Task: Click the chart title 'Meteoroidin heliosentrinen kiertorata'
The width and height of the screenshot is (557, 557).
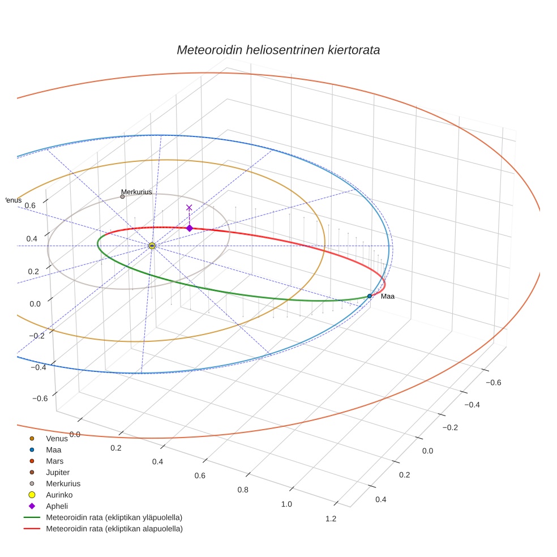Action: pos(278,50)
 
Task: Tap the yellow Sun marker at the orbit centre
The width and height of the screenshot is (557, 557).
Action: pos(152,246)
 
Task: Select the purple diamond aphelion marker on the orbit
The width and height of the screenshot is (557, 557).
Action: pos(190,228)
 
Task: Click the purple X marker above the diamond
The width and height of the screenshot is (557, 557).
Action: pos(189,208)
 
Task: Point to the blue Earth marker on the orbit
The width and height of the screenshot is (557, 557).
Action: pos(370,296)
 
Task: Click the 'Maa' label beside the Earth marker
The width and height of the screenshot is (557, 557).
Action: pos(387,297)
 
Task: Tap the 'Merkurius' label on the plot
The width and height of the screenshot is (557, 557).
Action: pos(136,192)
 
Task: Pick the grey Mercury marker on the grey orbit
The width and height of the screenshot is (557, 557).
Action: pos(122,196)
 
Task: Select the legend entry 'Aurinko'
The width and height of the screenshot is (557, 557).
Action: pos(59,495)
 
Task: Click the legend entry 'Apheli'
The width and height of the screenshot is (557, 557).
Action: pos(57,506)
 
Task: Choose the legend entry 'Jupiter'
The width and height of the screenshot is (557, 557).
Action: pos(58,472)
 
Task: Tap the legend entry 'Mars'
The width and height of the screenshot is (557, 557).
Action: pos(54,461)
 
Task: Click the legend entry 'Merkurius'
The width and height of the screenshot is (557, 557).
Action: pos(63,483)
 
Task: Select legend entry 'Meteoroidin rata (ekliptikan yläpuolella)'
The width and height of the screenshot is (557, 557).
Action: pos(114,517)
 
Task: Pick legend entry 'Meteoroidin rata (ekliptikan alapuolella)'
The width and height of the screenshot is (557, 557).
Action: pos(114,529)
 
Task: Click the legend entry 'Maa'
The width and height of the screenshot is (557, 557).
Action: pos(53,449)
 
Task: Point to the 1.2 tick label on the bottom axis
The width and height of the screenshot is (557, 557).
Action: pos(331,519)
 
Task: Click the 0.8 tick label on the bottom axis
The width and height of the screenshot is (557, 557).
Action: pos(243,490)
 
